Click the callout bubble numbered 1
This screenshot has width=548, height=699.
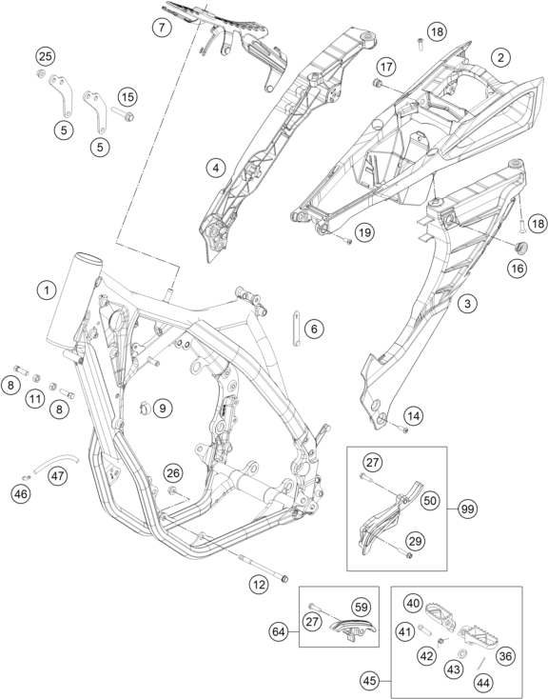click(47, 290)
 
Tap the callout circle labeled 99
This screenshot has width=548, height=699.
click(467, 509)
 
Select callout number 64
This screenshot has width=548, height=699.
click(280, 631)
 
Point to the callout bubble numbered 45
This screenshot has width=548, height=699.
click(370, 681)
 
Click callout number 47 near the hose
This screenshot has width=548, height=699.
click(57, 475)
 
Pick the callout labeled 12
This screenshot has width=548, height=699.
click(259, 585)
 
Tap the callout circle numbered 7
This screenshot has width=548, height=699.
click(162, 28)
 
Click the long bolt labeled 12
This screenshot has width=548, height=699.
click(264, 567)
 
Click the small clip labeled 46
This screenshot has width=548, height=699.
click(27, 477)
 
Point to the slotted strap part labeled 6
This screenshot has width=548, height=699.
click(296, 329)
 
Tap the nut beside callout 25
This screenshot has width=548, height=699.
click(41, 73)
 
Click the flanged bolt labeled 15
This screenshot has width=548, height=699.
click(123, 114)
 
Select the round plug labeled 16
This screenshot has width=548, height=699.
click(520, 247)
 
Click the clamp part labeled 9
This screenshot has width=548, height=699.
click(144, 407)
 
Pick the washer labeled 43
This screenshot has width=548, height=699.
click(463, 653)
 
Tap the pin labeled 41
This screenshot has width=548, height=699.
click(425, 630)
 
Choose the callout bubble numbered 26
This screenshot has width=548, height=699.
click(173, 472)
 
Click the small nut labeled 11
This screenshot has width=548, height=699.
click(36, 378)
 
